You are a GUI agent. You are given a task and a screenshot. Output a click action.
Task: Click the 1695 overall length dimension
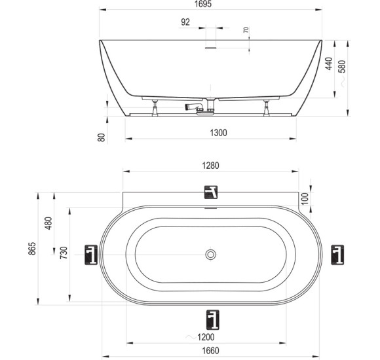tap(203, 4)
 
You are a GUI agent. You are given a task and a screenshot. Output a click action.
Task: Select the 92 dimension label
tap(185, 22)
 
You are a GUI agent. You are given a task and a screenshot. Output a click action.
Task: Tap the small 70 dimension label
tap(246, 30)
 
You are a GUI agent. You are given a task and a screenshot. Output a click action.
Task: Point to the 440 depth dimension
tap(329, 63)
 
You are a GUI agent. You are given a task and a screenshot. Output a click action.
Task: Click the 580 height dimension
tap(342, 66)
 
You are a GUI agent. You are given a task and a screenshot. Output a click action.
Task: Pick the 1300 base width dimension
tap(218, 133)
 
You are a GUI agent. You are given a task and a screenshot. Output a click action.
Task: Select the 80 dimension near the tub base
tap(102, 137)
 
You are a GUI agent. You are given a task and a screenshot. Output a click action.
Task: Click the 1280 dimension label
tap(210, 166)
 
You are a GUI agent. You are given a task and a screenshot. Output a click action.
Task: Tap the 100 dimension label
tap(305, 199)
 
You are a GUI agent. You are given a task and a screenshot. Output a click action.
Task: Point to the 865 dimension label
tap(32, 248)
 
